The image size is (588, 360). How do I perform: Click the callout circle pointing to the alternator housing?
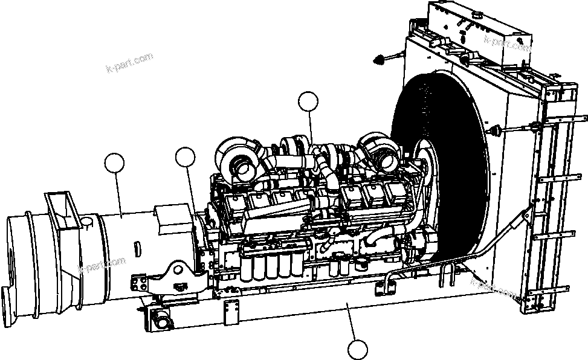point(114,163)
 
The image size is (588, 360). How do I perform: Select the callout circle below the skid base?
point(358,350)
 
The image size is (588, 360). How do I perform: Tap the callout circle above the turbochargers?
point(309,102)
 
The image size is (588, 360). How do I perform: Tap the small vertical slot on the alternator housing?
point(137,248)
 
